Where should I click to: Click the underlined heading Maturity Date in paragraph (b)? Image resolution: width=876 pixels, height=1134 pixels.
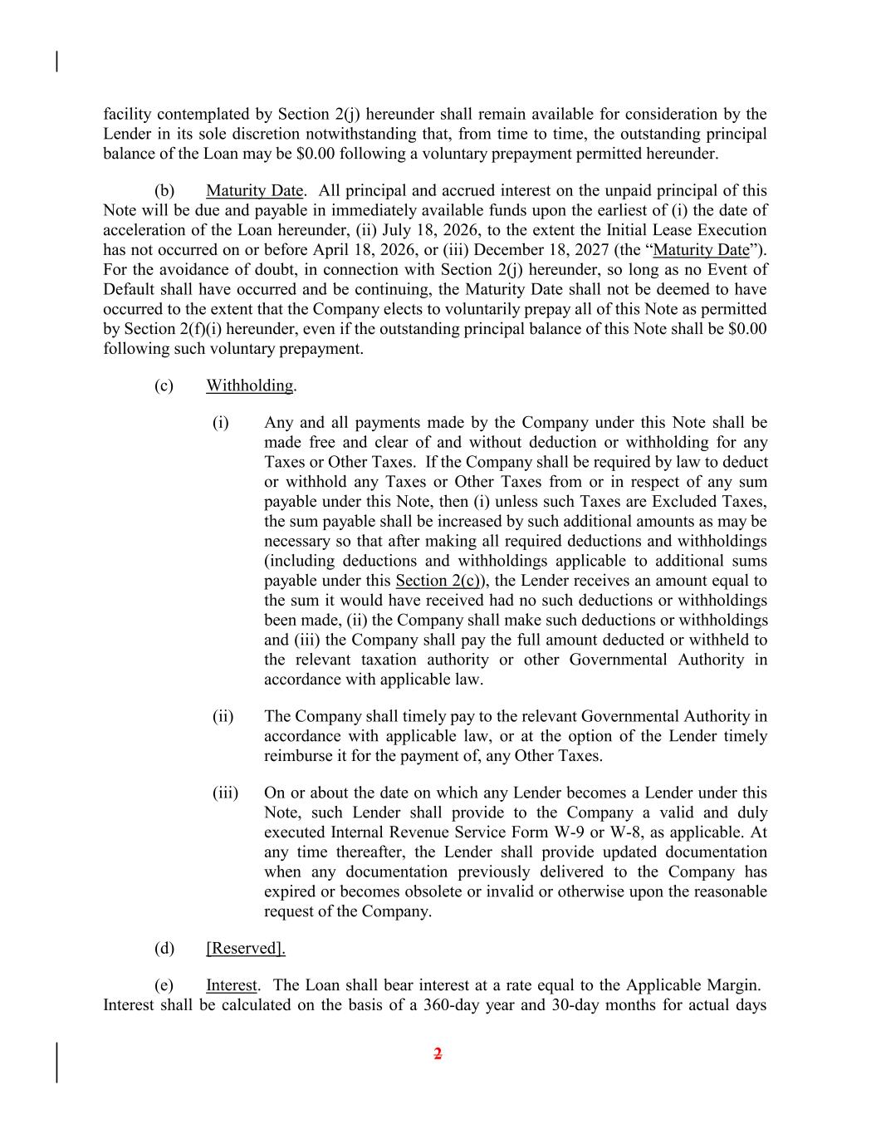click(254, 190)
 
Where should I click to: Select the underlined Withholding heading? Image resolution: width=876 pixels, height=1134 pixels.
click(250, 385)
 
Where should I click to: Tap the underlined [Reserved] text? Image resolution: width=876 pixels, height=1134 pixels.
click(246, 948)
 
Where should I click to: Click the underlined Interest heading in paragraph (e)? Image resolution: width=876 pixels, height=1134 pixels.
click(232, 985)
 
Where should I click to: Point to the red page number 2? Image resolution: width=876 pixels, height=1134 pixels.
click(438, 1054)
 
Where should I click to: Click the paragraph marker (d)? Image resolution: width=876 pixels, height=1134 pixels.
click(164, 948)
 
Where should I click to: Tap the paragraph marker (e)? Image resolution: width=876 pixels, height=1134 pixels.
click(164, 985)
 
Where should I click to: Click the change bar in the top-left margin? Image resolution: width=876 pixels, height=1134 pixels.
click(56, 61)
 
